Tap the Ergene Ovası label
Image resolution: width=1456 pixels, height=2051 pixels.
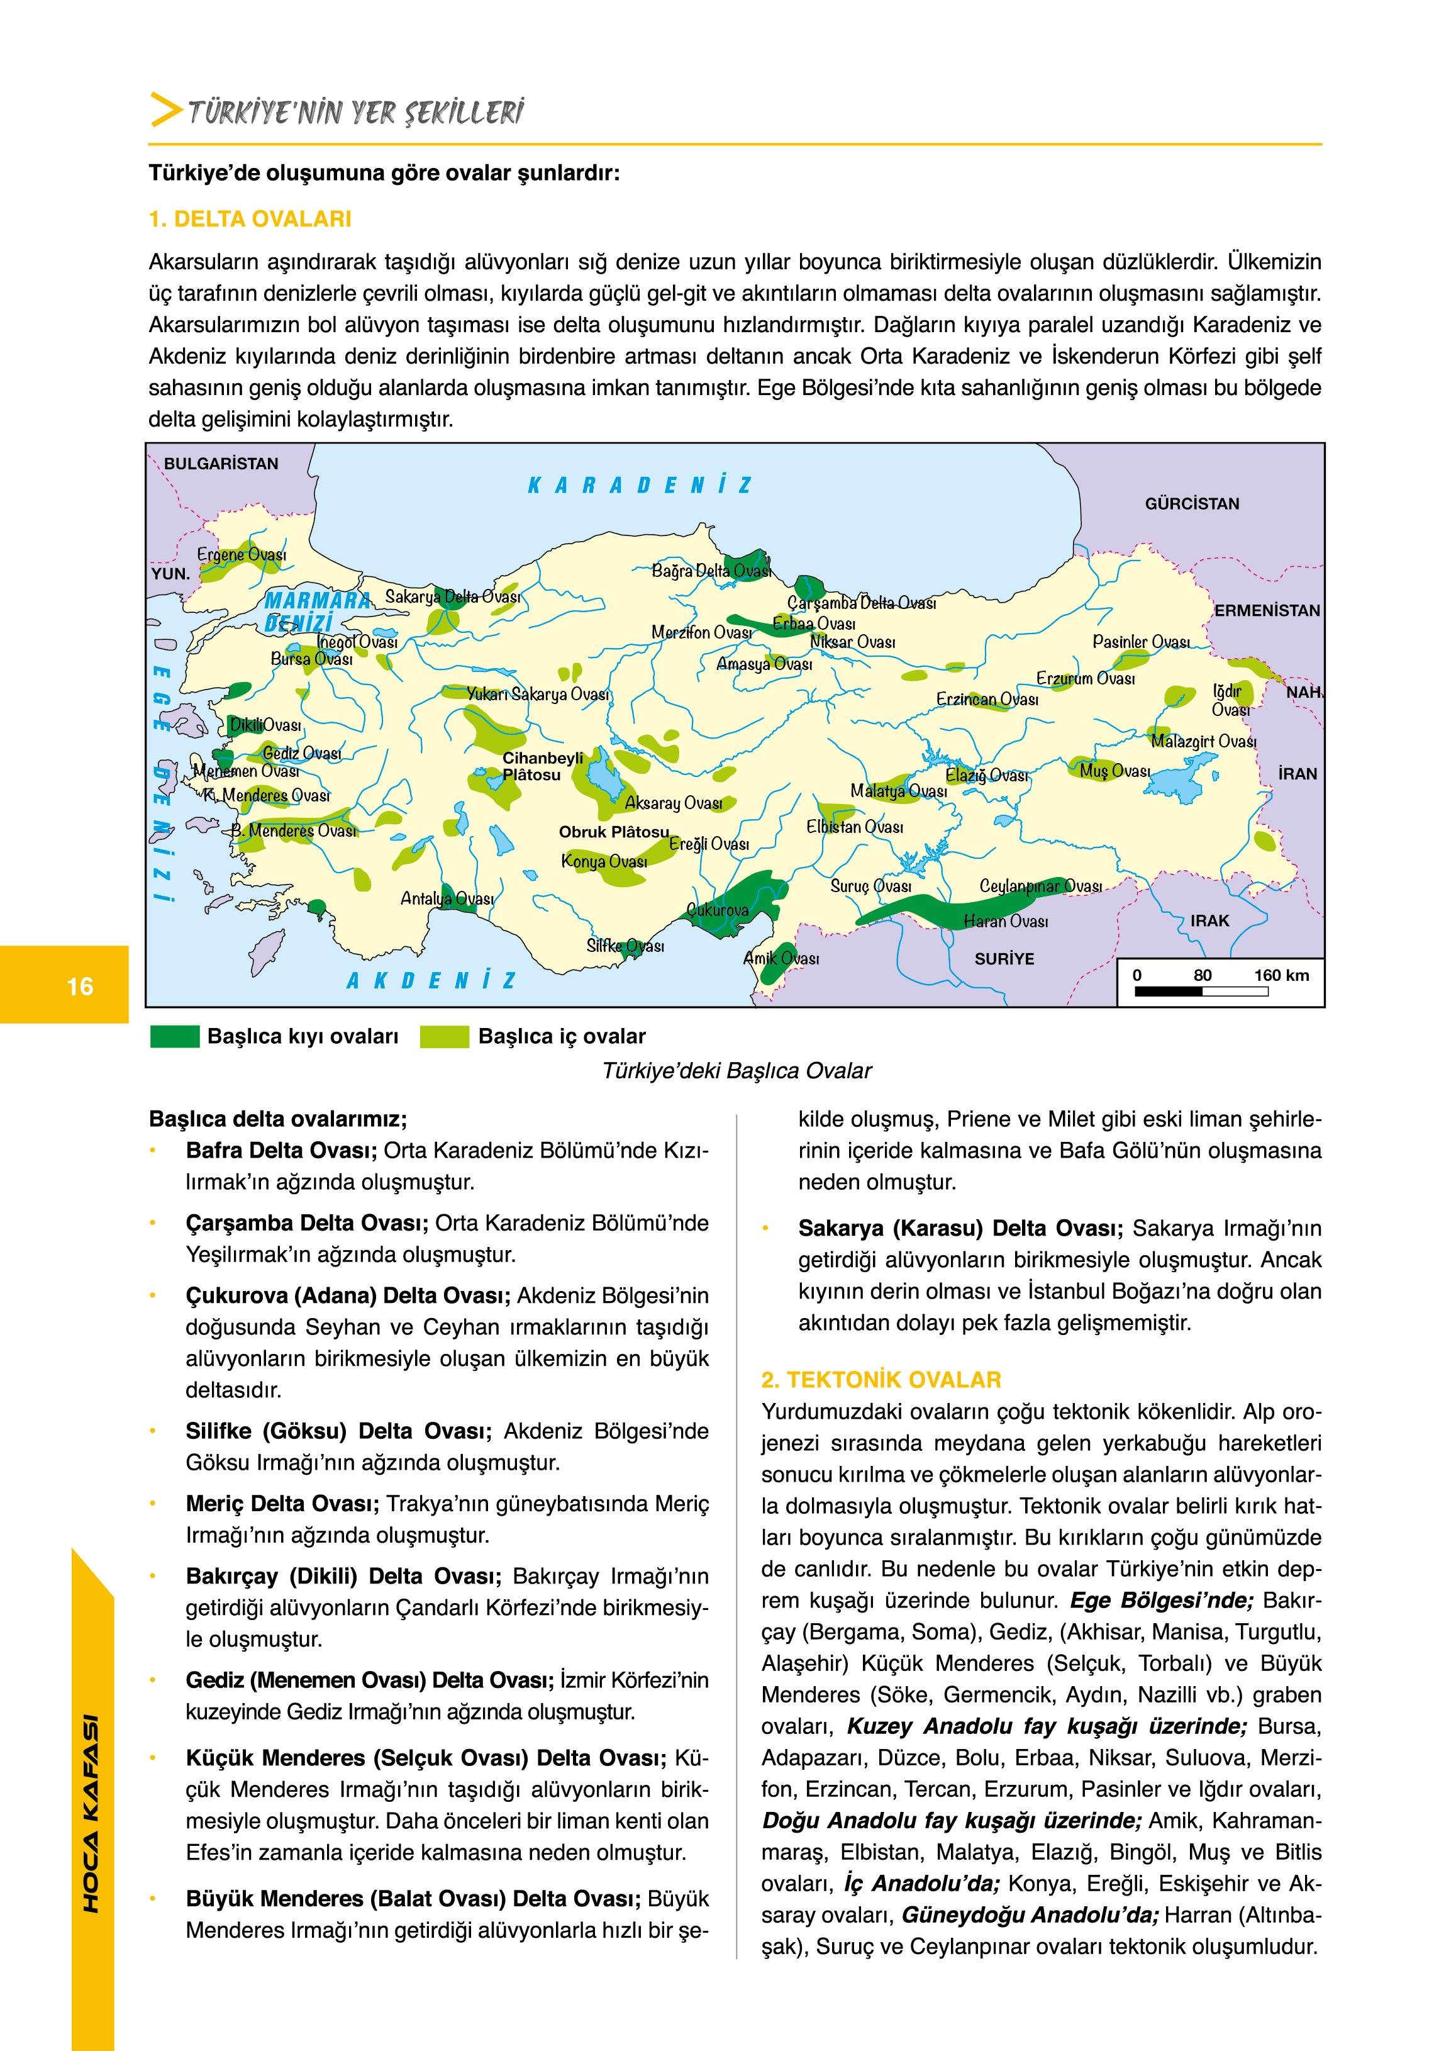click(x=242, y=555)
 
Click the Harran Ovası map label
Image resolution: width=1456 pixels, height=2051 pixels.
click(x=1005, y=921)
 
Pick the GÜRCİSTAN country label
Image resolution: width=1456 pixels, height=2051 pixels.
click(x=1191, y=504)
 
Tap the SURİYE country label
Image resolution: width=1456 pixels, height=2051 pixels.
click(x=1004, y=959)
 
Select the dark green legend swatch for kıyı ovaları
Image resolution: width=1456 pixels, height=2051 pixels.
click(x=174, y=1037)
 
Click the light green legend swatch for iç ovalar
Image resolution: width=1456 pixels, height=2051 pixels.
click(x=445, y=1037)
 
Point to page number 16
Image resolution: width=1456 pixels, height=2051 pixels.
click(x=80, y=986)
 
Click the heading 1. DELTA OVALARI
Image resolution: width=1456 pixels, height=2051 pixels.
click(x=250, y=219)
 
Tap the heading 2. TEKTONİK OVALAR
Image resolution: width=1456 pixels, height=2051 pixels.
click(x=881, y=1380)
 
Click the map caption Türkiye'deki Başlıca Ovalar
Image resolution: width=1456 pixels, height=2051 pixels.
click(x=737, y=1071)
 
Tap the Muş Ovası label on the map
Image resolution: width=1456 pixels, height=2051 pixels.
click(x=1114, y=771)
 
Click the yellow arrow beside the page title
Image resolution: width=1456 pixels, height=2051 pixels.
click(x=167, y=109)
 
